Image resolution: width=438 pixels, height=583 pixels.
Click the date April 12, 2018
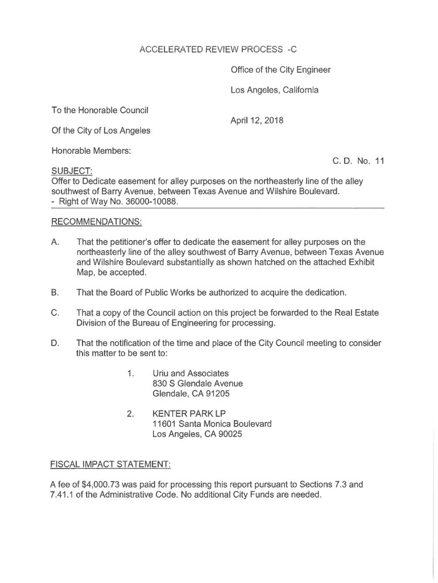tap(257, 121)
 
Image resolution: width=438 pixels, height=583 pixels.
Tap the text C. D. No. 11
tap(358, 161)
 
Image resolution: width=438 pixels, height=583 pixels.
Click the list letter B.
tap(55, 293)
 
